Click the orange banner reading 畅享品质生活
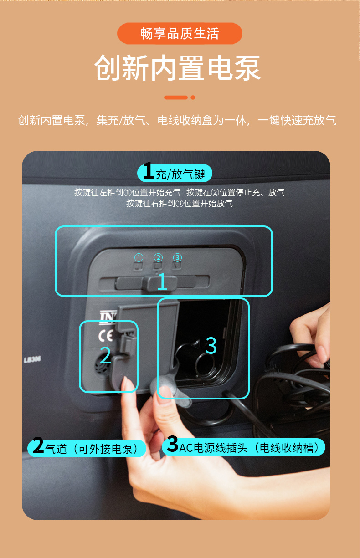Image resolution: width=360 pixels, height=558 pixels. tap(180, 33)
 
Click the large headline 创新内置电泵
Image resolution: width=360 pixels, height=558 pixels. tap(177, 68)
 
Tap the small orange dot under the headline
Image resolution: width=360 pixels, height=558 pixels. tap(193, 97)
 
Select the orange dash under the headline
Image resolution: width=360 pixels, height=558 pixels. tap(176, 97)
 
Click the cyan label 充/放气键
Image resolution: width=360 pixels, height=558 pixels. tap(175, 173)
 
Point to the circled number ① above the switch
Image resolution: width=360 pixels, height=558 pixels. tap(139, 257)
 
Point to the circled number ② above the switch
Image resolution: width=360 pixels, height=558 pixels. tap(158, 257)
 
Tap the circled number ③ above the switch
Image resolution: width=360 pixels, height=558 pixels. tap(177, 257)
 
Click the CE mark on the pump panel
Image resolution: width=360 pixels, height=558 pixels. tap(106, 336)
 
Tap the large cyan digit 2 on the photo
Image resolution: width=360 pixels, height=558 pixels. tap(105, 355)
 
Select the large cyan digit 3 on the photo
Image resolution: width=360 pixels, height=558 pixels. tap(211, 345)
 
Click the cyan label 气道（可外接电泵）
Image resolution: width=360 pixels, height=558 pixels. tap(87, 449)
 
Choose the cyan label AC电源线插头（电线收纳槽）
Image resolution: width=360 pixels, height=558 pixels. tap(243, 447)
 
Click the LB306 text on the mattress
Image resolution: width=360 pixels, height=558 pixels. tap(32, 359)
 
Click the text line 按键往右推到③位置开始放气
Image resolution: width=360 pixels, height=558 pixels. tap(180, 203)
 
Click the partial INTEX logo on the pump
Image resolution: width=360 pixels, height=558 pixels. tap(108, 317)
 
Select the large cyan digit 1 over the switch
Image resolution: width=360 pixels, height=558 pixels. tap(162, 282)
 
